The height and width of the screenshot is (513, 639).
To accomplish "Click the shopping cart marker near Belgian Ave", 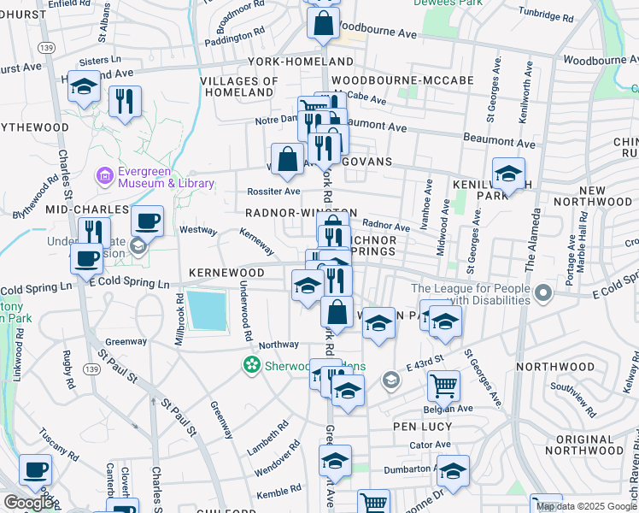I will point(443,385).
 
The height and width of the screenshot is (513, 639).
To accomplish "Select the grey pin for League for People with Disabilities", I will point(542,295).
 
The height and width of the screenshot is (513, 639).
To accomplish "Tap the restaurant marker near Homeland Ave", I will point(125,101).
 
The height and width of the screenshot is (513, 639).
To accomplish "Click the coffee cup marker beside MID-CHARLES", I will point(147,221).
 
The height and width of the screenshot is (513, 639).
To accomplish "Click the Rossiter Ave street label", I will point(273,192).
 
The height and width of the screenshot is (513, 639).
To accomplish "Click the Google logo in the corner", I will point(28,503).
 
